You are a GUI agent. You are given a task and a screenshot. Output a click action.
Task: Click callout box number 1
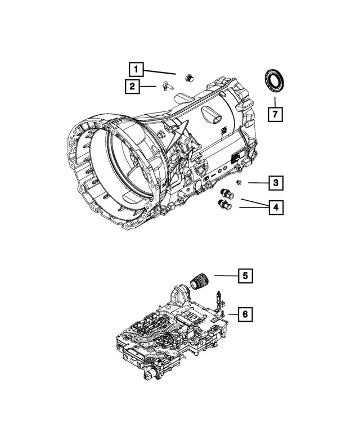coord(136,70)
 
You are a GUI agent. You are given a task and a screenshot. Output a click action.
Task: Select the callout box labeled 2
coord(132,86)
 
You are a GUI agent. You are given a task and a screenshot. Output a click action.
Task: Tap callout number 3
coord(275,183)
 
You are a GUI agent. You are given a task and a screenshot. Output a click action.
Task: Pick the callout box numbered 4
coord(275,208)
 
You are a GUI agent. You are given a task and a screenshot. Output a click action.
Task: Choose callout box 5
coord(245,276)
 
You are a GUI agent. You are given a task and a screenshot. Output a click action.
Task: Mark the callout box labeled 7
coord(275,115)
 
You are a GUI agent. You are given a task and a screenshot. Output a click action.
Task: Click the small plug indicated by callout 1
coord(189,78)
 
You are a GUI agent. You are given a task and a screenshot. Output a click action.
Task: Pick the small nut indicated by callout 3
coord(240,182)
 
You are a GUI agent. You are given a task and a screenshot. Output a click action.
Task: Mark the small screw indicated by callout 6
coord(223,309)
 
